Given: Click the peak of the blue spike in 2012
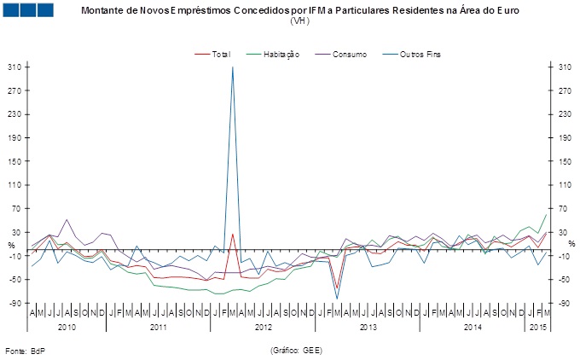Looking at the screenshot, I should tap(232, 67).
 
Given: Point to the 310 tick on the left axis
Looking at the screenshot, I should tap(14, 67).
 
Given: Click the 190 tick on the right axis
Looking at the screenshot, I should tap(565, 137).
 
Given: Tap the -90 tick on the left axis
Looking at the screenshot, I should tap(14, 303).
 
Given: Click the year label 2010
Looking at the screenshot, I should tap(68, 327).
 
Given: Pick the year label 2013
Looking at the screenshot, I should tap(368, 327).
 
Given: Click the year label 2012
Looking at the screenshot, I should tap(264, 327).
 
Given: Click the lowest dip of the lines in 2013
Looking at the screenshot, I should tap(337, 298).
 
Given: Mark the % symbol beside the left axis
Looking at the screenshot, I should tap(11, 245).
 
